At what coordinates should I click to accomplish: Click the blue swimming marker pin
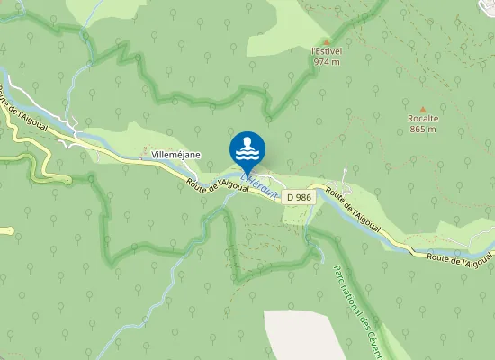(x=247, y=149)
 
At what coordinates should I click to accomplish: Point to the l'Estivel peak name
(x=326, y=51)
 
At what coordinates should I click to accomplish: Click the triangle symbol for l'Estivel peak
(x=326, y=40)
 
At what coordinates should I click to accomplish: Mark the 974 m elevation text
(x=327, y=62)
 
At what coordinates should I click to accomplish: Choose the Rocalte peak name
(x=422, y=119)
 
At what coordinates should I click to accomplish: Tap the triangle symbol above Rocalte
(x=422, y=109)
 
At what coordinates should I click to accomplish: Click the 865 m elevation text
(x=422, y=130)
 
